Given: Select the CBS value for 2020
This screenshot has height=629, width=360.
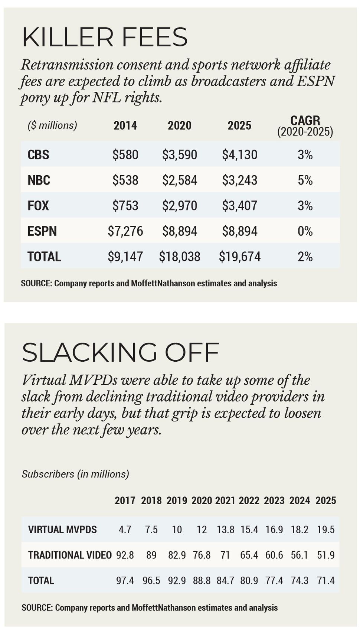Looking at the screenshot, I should [180, 155].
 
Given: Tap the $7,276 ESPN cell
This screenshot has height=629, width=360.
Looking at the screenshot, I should [125, 231].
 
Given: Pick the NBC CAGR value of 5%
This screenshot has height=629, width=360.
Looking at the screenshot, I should [305, 180].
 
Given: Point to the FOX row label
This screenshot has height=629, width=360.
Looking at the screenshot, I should [38, 206].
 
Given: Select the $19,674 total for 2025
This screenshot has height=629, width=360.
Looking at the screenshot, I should [240, 257].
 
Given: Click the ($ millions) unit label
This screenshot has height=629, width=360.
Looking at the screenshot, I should [52, 126].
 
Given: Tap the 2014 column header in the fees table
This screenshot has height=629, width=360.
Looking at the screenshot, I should [125, 126].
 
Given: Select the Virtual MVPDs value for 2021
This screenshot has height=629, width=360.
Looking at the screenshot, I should [225, 529].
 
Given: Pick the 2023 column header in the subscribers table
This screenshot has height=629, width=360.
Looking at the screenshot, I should [274, 501].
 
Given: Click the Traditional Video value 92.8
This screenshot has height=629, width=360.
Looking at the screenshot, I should [125, 555].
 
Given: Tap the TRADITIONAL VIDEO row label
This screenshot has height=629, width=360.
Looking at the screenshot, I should [70, 555].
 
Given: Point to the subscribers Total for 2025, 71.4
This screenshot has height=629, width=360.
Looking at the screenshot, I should [325, 580].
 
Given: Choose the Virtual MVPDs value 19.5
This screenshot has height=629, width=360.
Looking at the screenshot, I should [325, 529].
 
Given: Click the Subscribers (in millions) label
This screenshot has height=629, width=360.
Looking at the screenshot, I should [75, 474].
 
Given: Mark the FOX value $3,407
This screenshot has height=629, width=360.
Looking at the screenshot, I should [240, 206].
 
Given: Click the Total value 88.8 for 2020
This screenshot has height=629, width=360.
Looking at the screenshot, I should [202, 580].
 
